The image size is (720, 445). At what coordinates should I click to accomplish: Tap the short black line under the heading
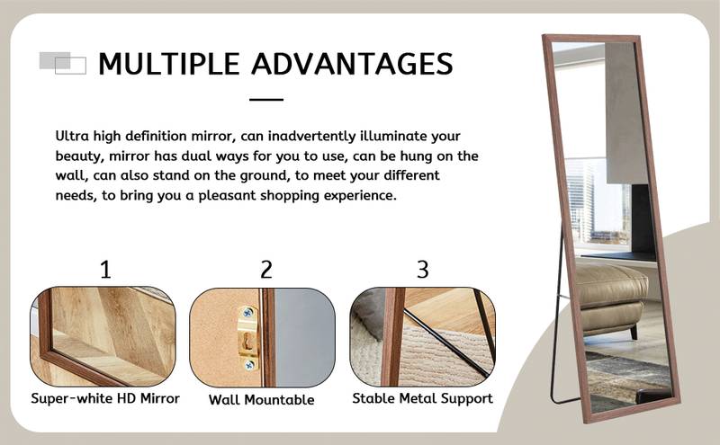tap(265, 100)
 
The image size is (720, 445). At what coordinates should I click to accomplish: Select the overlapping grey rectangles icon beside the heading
tap(63, 63)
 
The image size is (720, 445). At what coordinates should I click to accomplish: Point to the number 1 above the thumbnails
tap(105, 269)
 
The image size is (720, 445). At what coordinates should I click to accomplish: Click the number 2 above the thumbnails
tap(265, 269)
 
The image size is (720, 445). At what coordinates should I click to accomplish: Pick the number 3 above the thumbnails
tap(422, 269)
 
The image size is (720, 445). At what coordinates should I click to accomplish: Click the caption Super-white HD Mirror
tap(105, 398)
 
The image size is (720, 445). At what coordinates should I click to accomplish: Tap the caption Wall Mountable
tap(262, 399)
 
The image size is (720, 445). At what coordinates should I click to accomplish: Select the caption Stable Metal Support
tap(422, 398)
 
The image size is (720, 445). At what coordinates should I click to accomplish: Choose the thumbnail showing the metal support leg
tap(422, 336)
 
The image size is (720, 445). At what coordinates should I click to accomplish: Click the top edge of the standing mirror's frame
tap(585, 38)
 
